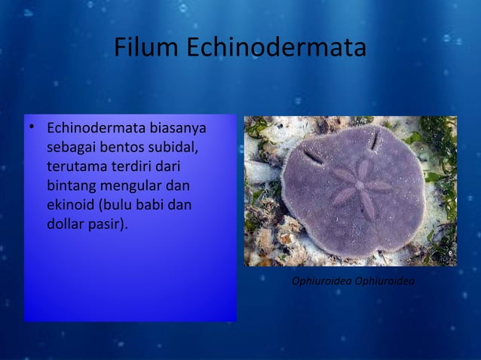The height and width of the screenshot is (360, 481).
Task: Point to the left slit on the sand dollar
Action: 312,157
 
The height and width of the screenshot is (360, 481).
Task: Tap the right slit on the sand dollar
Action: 373,140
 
